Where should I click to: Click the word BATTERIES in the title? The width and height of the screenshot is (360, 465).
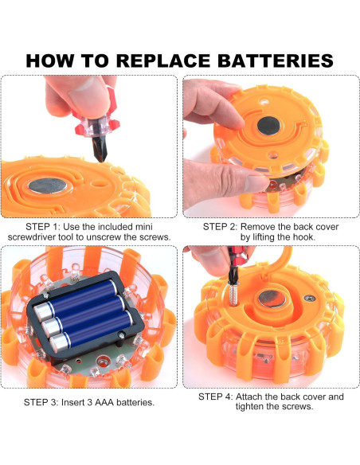click(276, 61)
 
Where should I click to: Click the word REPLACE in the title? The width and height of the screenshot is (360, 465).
click(163, 61)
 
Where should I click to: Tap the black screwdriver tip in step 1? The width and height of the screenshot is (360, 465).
click(99, 147)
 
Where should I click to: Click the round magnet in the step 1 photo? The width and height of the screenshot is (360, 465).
click(48, 186)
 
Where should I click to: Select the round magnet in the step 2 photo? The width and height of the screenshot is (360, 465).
click(269, 126)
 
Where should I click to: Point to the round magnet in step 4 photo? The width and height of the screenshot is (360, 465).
click(272, 299)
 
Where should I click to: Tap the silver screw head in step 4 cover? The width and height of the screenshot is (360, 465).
click(310, 298)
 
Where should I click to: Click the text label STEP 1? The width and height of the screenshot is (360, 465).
click(43, 227)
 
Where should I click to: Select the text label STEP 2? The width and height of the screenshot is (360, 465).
click(220, 227)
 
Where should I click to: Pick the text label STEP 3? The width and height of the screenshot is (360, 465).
click(41, 402)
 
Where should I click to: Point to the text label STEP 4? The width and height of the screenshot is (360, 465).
click(216, 397)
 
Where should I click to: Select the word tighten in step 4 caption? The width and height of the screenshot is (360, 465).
click(249, 406)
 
